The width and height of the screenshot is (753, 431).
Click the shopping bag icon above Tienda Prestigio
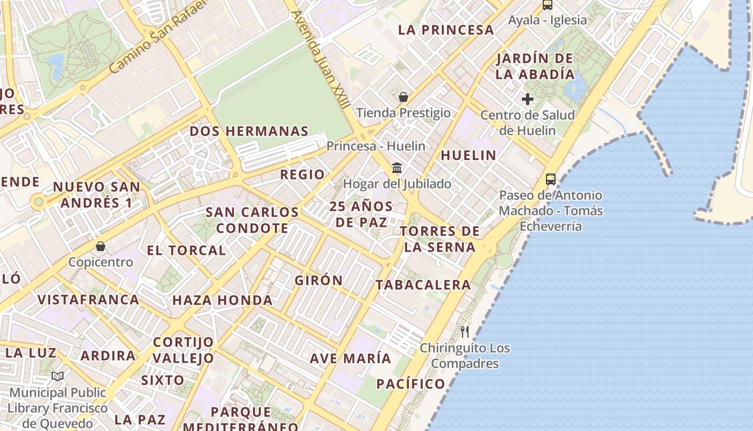(x=403, y=97)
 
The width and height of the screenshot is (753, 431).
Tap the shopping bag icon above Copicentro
(x=101, y=246)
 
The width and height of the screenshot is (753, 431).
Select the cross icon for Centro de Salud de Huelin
(x=528, y=99)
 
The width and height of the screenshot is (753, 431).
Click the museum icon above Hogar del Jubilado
(x=397, y=168)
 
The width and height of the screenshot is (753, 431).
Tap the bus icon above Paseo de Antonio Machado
(x=550, y=179)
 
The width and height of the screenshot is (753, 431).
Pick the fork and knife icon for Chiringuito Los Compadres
(x=465, y=332)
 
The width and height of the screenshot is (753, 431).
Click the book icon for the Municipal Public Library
(x=58, y=376)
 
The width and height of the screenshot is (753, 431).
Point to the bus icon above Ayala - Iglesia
(x=548, y=5)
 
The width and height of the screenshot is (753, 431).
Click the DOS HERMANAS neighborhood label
(x=249, y=131)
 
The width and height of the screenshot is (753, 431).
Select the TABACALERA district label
(x=423, y=284)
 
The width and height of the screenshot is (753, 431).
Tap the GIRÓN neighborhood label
(x=318, y=280)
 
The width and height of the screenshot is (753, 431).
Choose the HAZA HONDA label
(x=222, y=300)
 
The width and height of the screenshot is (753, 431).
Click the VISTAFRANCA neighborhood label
(x=88, y=300)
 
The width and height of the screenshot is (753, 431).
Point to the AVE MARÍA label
(x=350, y=358)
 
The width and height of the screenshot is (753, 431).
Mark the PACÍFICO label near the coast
(x=410, y=384)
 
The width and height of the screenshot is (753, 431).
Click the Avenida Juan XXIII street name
(x=321, y=59)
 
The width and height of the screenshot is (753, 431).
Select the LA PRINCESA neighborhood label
(x=446, y=30)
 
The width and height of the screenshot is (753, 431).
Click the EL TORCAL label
(x=186, y=251)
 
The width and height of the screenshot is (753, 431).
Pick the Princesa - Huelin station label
(x=375, y=146)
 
